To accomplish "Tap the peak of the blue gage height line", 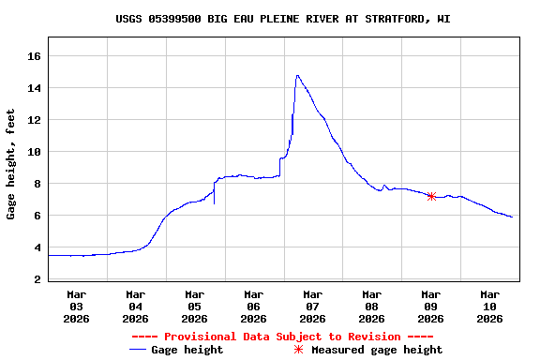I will tap(297, 76).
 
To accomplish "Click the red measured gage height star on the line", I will tap(431, 196).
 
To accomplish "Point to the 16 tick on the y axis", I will tap(35, 56).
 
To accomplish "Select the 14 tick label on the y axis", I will tap(35, 88).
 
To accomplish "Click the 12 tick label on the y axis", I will tap(35, 120).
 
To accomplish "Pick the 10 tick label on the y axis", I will tap(35, 152).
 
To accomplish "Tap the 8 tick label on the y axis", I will tap(37, 184).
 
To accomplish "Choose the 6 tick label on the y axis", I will tap(37, 216).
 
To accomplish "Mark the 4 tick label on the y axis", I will tap(37, 247).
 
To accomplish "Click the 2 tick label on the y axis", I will tap(37, 279).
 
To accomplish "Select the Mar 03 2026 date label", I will tap(77, 306).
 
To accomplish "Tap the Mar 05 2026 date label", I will tap(194, 306).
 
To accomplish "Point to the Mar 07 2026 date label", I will tap(312, 306).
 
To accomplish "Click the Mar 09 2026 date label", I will tap(430, 306).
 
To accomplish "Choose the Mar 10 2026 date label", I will tap(489, 306).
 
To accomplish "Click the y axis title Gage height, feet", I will tap(11, 164).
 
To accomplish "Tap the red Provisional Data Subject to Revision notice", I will tap(282, 337).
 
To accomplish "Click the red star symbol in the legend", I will tap(298, 350).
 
